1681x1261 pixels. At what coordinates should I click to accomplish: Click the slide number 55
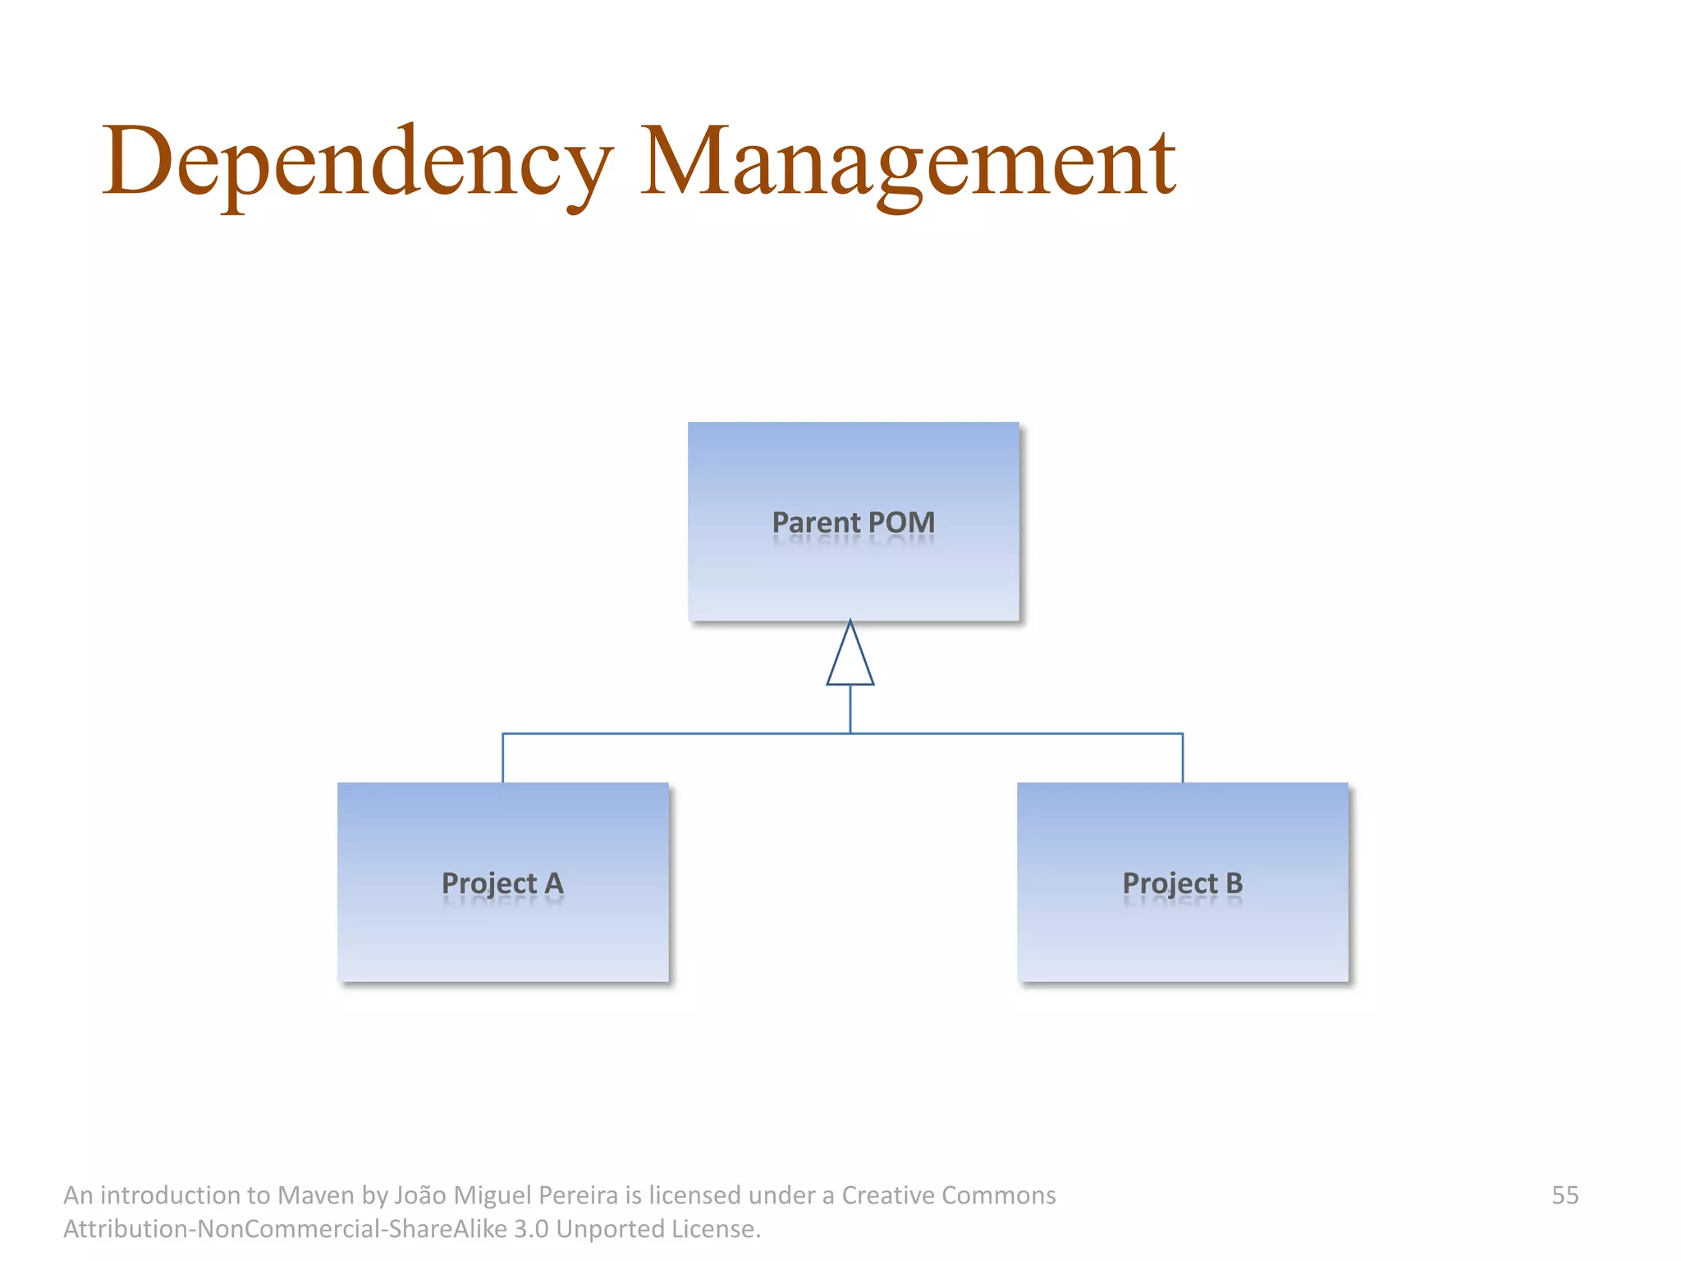pos(1564,1195)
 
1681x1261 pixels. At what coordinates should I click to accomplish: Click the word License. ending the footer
pos(716,1229)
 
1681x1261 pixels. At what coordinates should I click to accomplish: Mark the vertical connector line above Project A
pos(502,758)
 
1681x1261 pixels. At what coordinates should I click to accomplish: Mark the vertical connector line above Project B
pos(1183,758)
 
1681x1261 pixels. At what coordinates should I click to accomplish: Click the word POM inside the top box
pos(901,522)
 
